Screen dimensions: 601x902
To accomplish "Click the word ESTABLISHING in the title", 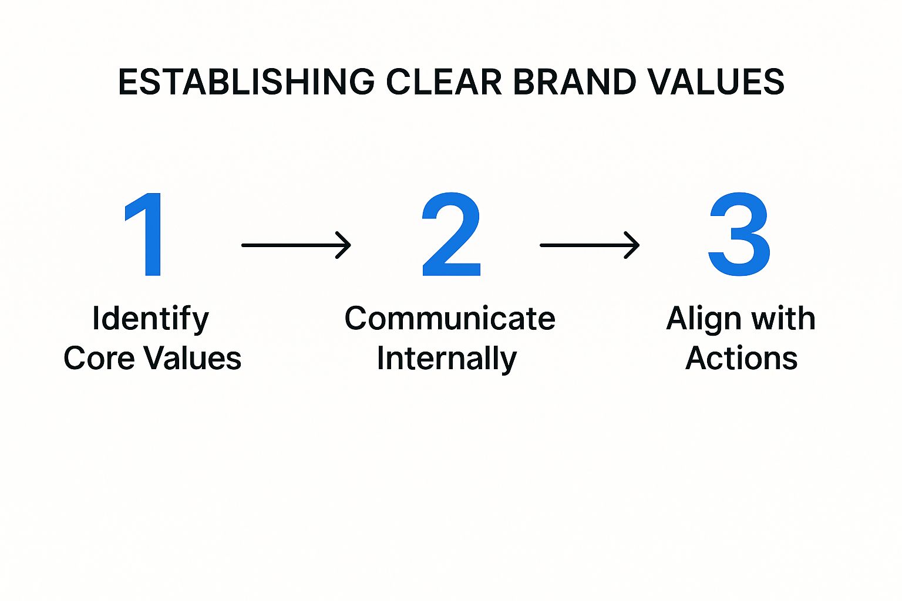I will coord(246,82).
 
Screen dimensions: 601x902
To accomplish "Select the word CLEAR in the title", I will coord(444,82).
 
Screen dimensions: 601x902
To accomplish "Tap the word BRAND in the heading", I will coord(574,82).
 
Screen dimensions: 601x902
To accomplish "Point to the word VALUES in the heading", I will coord(716,82).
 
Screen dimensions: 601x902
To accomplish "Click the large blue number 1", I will coord(145,234).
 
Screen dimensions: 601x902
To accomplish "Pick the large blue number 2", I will coord(451,234).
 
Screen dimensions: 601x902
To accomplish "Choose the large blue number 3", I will coord(739,234).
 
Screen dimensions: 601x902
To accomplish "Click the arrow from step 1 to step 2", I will coord(296,245).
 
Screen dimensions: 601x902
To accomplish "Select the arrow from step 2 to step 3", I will coord(589,245).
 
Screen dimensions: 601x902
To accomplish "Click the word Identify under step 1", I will coord(150,320).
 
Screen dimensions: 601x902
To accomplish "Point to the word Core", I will coord(99,358).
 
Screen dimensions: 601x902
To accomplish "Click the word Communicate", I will coord(450,319).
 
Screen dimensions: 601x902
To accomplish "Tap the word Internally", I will coord(447,359).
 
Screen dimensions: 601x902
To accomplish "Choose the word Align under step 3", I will coord(703,320).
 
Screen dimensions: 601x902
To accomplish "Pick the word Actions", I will coord(741,358).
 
